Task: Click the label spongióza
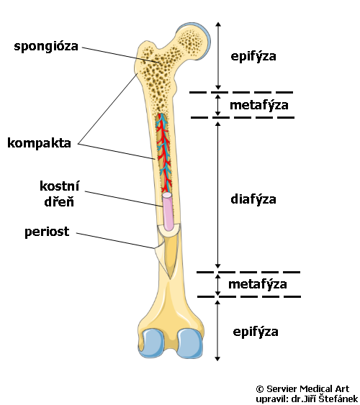[x=46, y=47]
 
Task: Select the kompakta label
[x=40, y=143]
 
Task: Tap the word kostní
[x=60, y=186]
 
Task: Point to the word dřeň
[x=59, y=201]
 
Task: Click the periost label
[x=47, y=232]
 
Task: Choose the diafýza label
[x=253, y=199]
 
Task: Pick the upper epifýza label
[x=253, y=56]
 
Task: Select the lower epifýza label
[x=256, y=332]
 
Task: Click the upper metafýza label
[x=259, y=105]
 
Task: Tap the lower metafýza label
[x=258, y=284]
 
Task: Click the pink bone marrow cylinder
[x=168, y=211]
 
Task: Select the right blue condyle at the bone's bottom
[x=190, y=343]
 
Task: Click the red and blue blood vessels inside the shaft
[x=164, y=153]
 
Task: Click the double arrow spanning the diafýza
[x=218, y=195]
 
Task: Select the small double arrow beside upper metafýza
[x=218, y=105]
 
